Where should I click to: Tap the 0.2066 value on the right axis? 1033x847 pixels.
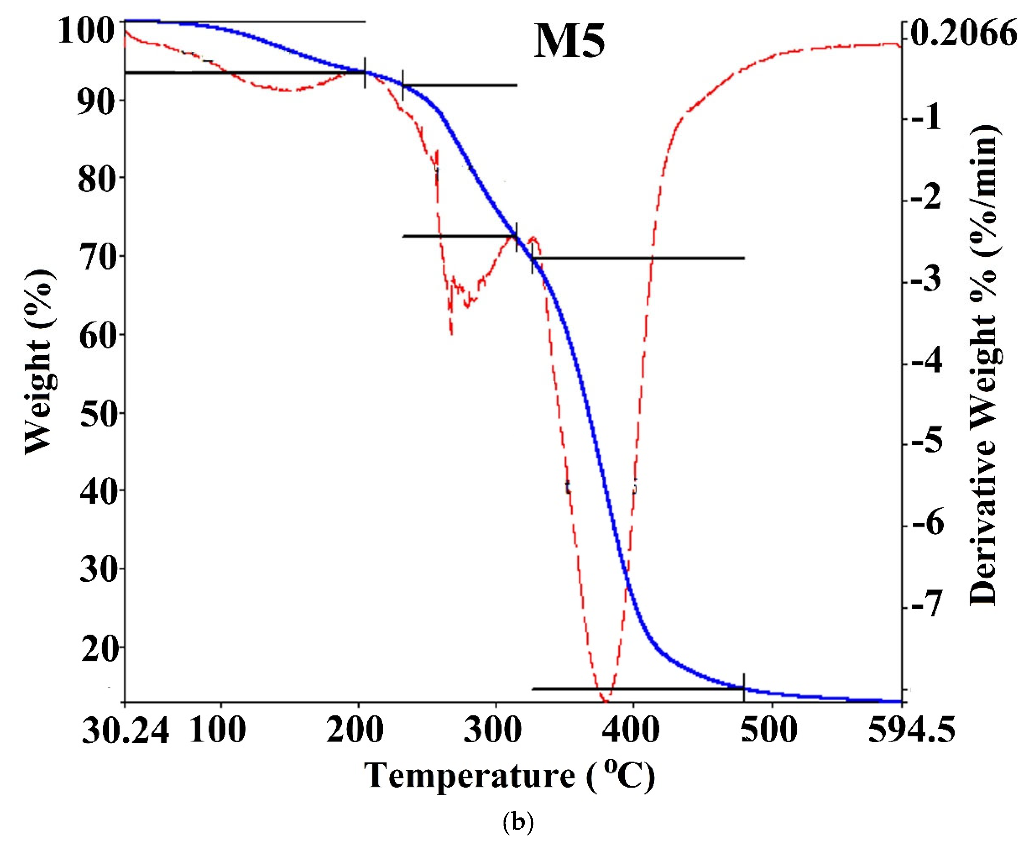pyautogui.click(x=964, y=33)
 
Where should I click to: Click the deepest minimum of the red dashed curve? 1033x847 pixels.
pyautogui.click(x=605, y=701)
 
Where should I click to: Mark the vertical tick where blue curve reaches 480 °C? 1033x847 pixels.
pyautogui.click(x=744, y=687)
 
